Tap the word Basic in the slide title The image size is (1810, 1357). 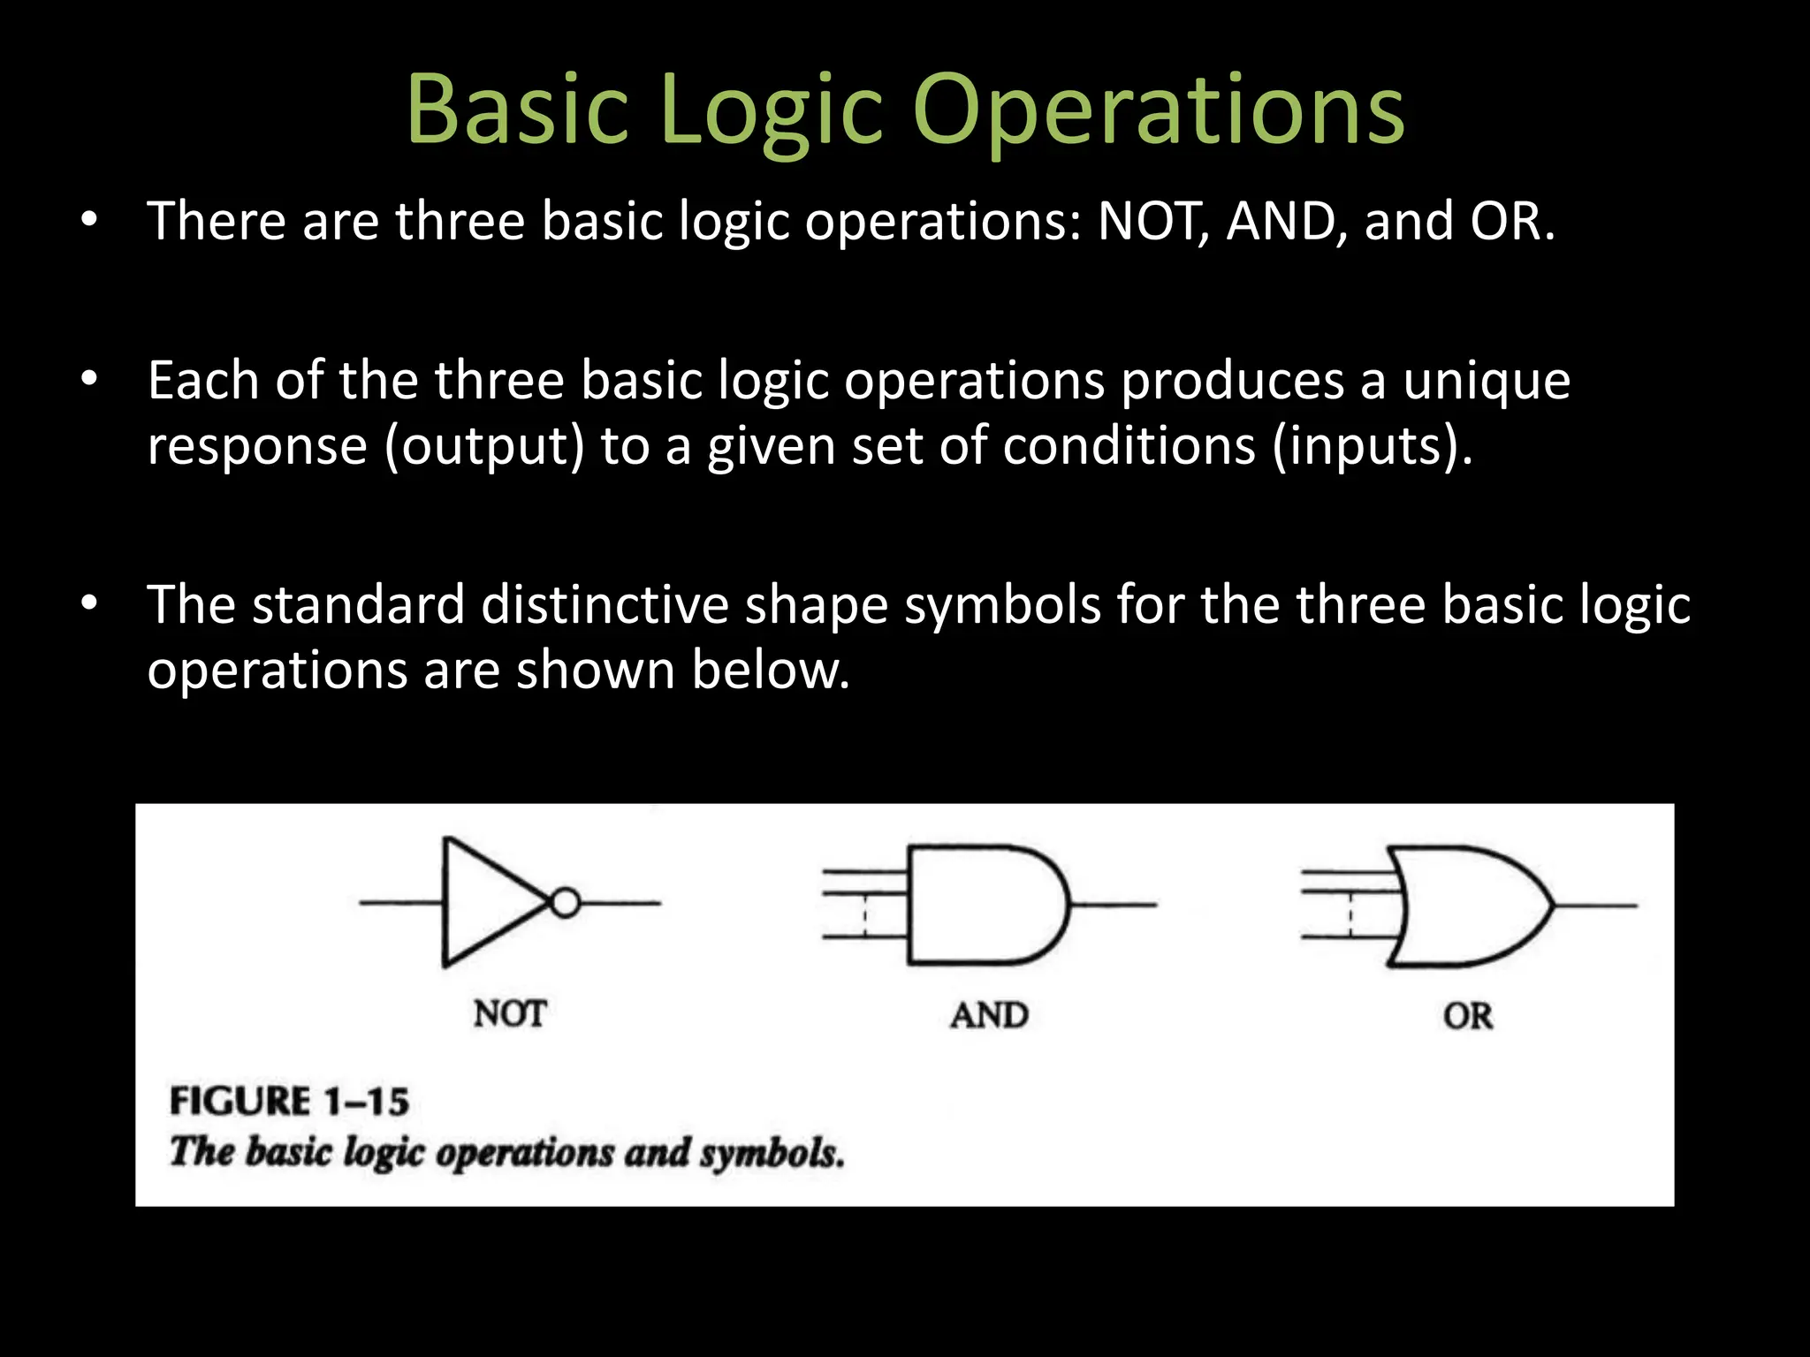pyautogui.click(x=517, y=110)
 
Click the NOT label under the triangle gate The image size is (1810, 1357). pyautogui.click(x=510, y=1013)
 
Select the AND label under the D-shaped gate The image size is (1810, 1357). pyautogui.click(x=989, y=1015)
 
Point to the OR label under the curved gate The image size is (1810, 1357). pyautogui.click(x=1468, y=1016)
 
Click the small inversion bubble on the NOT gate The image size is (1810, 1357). pyautogui.click(x=566, y=903)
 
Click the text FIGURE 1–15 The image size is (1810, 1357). pyautogui.click(x=289, y=1102)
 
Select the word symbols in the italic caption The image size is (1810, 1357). pyautogui.click(x=772, y=1152)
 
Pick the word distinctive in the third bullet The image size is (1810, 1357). pyautogui.click(x=605, y=606)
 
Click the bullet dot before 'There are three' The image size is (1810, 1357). pyautogui.click(x=88, y=220)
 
